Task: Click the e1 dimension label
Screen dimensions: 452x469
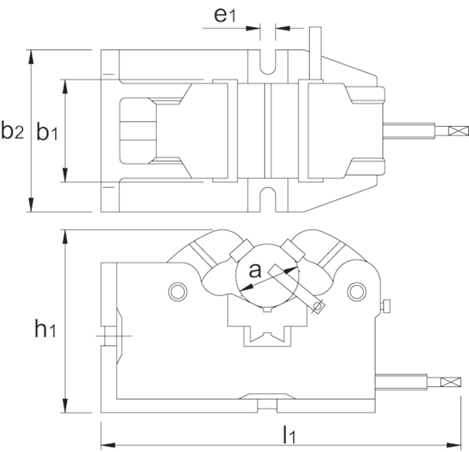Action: (224, 15)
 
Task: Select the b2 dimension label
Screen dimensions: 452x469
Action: (12, 132)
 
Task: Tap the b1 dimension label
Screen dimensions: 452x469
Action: (47, 133)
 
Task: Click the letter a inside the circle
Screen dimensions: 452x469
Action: (254, 271)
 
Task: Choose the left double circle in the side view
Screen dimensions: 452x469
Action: (177, 291)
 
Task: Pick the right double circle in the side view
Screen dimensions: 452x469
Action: (356, 291)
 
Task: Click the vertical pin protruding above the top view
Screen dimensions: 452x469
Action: (315, 53)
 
